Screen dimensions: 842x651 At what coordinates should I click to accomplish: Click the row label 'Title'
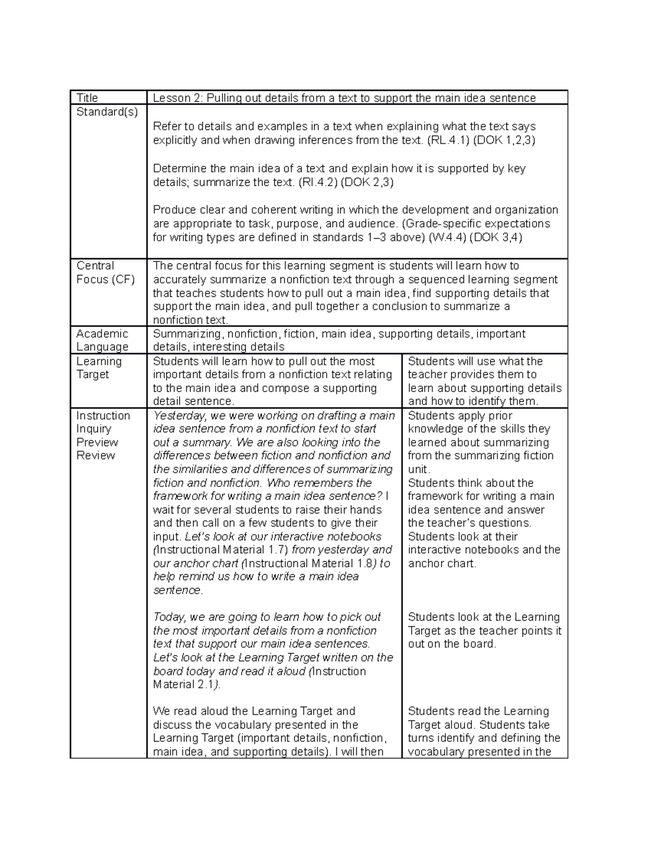[x=87, y=98]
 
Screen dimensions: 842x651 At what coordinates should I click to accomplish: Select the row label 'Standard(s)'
[x=107, y=112]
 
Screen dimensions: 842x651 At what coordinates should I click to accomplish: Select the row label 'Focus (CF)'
[x=105, y=280]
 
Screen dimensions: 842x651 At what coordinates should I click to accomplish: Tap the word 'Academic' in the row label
[x=102, y=333]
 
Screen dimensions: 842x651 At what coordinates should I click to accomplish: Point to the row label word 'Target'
[x=92, y=375]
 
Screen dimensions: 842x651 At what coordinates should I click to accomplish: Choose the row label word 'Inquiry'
[x=93, y=429]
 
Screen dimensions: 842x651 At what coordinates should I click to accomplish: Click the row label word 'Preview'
[x=97, y=442]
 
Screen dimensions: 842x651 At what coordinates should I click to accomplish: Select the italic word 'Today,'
[x=169, y=617]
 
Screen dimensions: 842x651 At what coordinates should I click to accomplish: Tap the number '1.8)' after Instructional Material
[x=360, y=563]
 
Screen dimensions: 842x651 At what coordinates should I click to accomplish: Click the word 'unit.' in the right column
[x=419, y=470]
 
